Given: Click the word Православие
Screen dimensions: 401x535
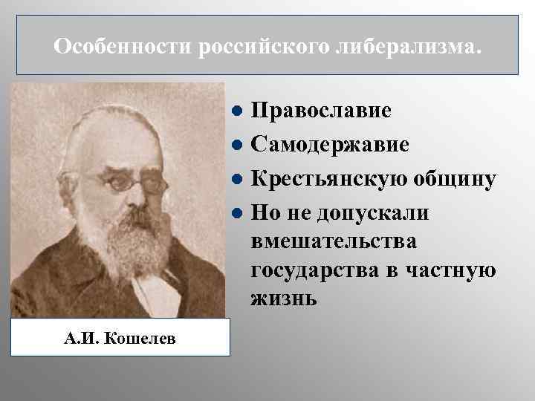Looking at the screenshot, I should [321, 111].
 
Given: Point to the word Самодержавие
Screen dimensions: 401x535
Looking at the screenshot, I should [330, 145].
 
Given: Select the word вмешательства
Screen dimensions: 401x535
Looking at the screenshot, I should [334, 241].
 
